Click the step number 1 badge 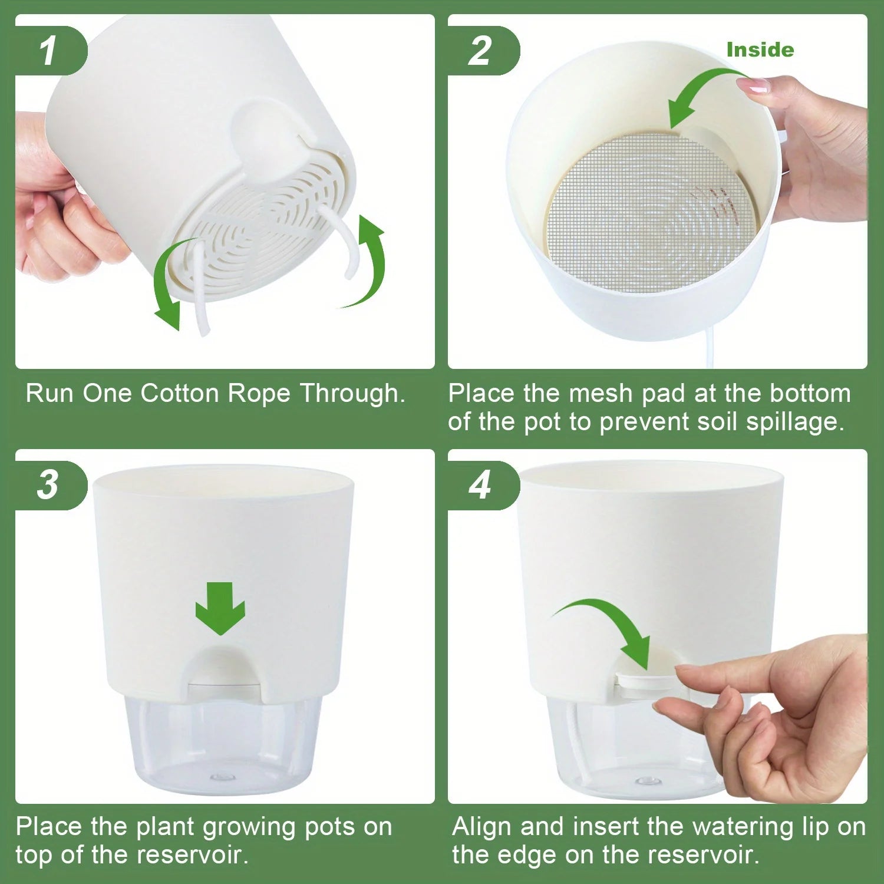(x=48, y=51)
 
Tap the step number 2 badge (x=480, y=51)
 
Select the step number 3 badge (x=48, y=485)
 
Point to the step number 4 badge (x=480, y=485)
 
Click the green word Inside (x=760, y=50)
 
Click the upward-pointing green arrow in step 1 (x=368, y=259)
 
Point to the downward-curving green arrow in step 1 (x=168, y=283)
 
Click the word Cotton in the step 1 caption (x=179, y=393)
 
